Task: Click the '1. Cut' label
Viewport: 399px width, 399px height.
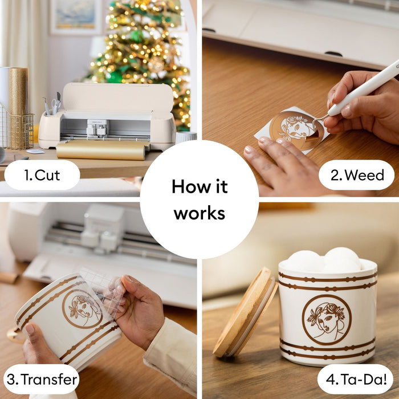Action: (42, 176)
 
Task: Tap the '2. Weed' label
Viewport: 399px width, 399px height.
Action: (356, 176)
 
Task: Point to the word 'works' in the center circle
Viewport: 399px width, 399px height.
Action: (199, 214)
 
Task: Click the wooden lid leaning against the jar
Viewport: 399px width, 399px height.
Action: (244, 312)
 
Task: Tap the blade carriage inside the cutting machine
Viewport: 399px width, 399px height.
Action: (97, 128)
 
